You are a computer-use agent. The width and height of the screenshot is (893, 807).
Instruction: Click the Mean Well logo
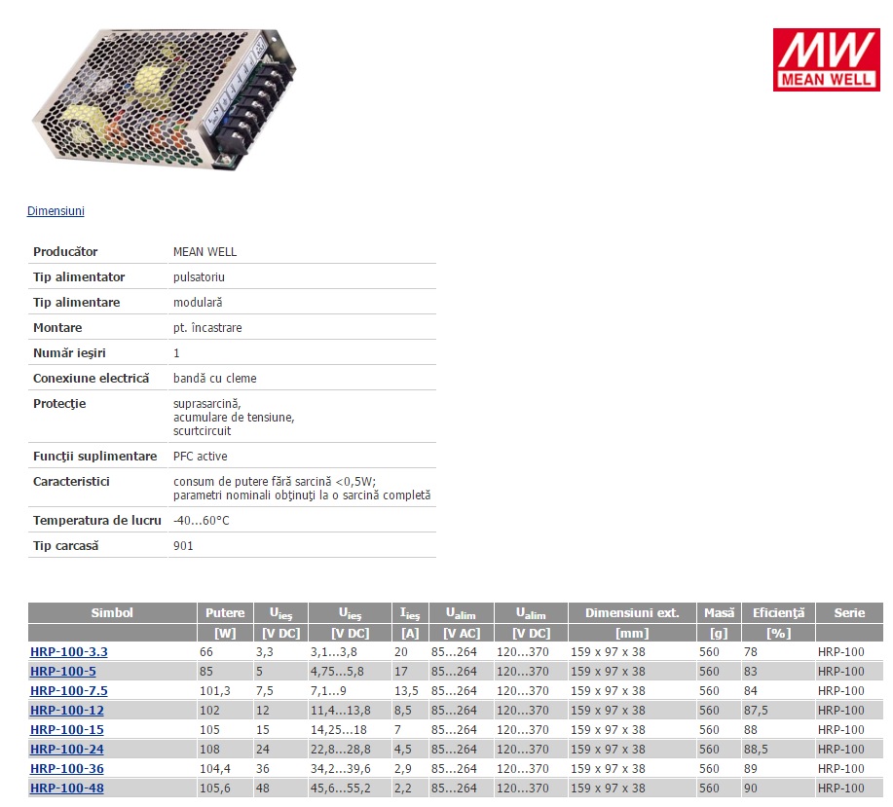(x=827, y=59)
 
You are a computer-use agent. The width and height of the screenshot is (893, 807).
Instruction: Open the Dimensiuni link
(x=56, y=211)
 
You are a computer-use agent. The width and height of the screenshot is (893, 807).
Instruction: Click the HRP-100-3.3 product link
(x=69, y=652)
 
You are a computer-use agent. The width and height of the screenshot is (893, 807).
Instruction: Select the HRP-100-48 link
(x=67, y=789)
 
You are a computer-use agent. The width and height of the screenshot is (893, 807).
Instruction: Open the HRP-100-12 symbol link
(x=67, y=711)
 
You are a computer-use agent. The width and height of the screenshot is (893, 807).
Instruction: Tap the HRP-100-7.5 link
(x=69, y=691)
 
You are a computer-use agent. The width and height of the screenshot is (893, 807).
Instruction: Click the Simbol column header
(x=112, y=613)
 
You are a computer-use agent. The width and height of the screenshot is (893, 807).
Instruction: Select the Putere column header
(x=225, y=613)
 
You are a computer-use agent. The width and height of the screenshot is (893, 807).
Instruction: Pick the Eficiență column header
(x=778, y=613)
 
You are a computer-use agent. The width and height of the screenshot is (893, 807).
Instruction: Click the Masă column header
(x=719, y=613)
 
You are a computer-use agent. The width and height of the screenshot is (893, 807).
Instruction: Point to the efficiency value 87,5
(x=756, y=711)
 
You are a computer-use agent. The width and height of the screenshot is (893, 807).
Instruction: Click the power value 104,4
(x=214, y=769)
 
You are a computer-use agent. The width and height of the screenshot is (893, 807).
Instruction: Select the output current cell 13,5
(x=406, y=691)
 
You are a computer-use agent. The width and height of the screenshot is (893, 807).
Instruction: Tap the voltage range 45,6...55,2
(x=341, y=789)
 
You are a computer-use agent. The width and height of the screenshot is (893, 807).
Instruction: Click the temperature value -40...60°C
(x=201, y=521)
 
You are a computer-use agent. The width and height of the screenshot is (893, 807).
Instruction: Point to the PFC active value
(x=200, y=457)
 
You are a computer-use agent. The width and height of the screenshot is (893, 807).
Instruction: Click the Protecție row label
(x=59, y=404)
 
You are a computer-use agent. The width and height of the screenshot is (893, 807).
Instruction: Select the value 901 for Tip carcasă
(x=183, y=546)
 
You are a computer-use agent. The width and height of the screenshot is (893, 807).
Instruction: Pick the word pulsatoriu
(x=199, y=277)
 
